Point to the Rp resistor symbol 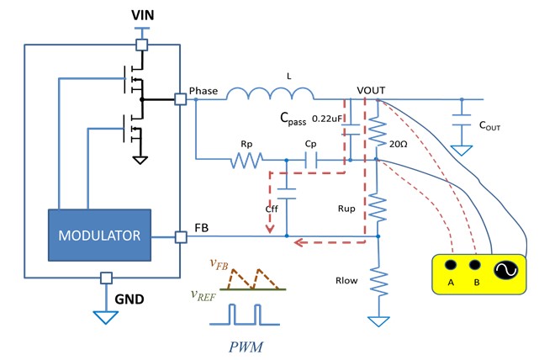click(248, 158)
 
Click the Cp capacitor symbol click(310, 158)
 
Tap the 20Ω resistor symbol click(377, 135)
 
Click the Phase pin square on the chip click(180, 99)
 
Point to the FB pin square click(180, 237)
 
